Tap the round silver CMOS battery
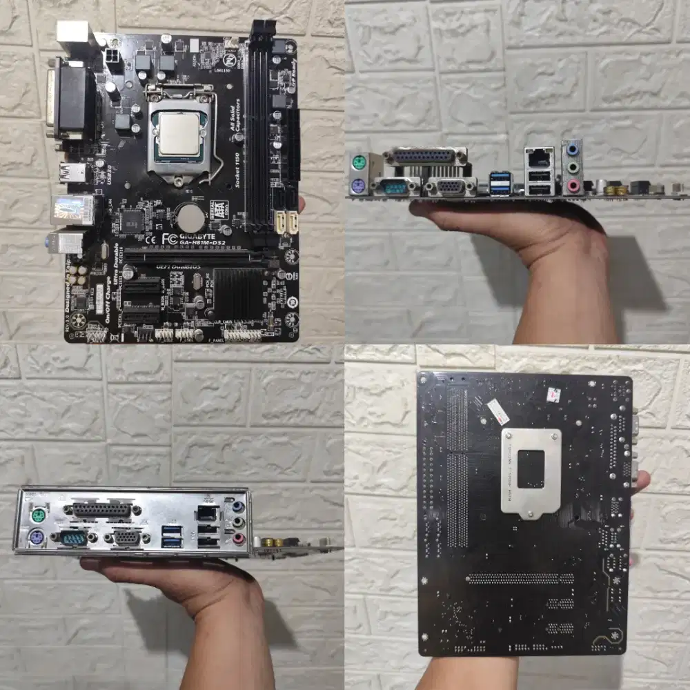coord(190,219)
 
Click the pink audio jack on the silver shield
coord(238,539)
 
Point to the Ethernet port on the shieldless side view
coord(539,157)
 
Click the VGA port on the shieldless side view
coord(451,186)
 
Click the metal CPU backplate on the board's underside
coord(531,471)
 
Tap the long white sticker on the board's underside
coord(496,411)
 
